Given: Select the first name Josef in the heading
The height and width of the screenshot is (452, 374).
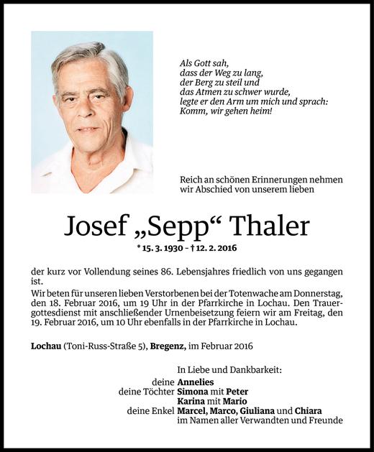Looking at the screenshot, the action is click(x=95, y=227).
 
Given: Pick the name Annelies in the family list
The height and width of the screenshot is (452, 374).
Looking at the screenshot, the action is click(x=198, y=382).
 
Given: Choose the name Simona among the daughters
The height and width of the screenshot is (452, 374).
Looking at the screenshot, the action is click(x=196, y=392).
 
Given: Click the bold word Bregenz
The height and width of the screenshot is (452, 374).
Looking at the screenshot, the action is click(x=168, y=346).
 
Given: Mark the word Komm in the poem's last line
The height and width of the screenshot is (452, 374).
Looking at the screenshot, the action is click(x=193, y=113).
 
